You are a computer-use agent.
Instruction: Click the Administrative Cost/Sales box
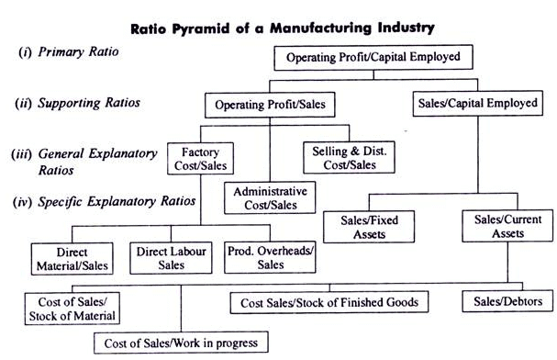270,198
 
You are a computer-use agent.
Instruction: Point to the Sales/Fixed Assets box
362,227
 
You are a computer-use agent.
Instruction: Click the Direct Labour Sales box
171,257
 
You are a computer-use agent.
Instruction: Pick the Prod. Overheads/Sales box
270,257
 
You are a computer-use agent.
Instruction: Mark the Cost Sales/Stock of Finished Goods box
329,302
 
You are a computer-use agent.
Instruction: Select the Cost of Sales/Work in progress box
182,343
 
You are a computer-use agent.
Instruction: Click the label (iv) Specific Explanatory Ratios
102,199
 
